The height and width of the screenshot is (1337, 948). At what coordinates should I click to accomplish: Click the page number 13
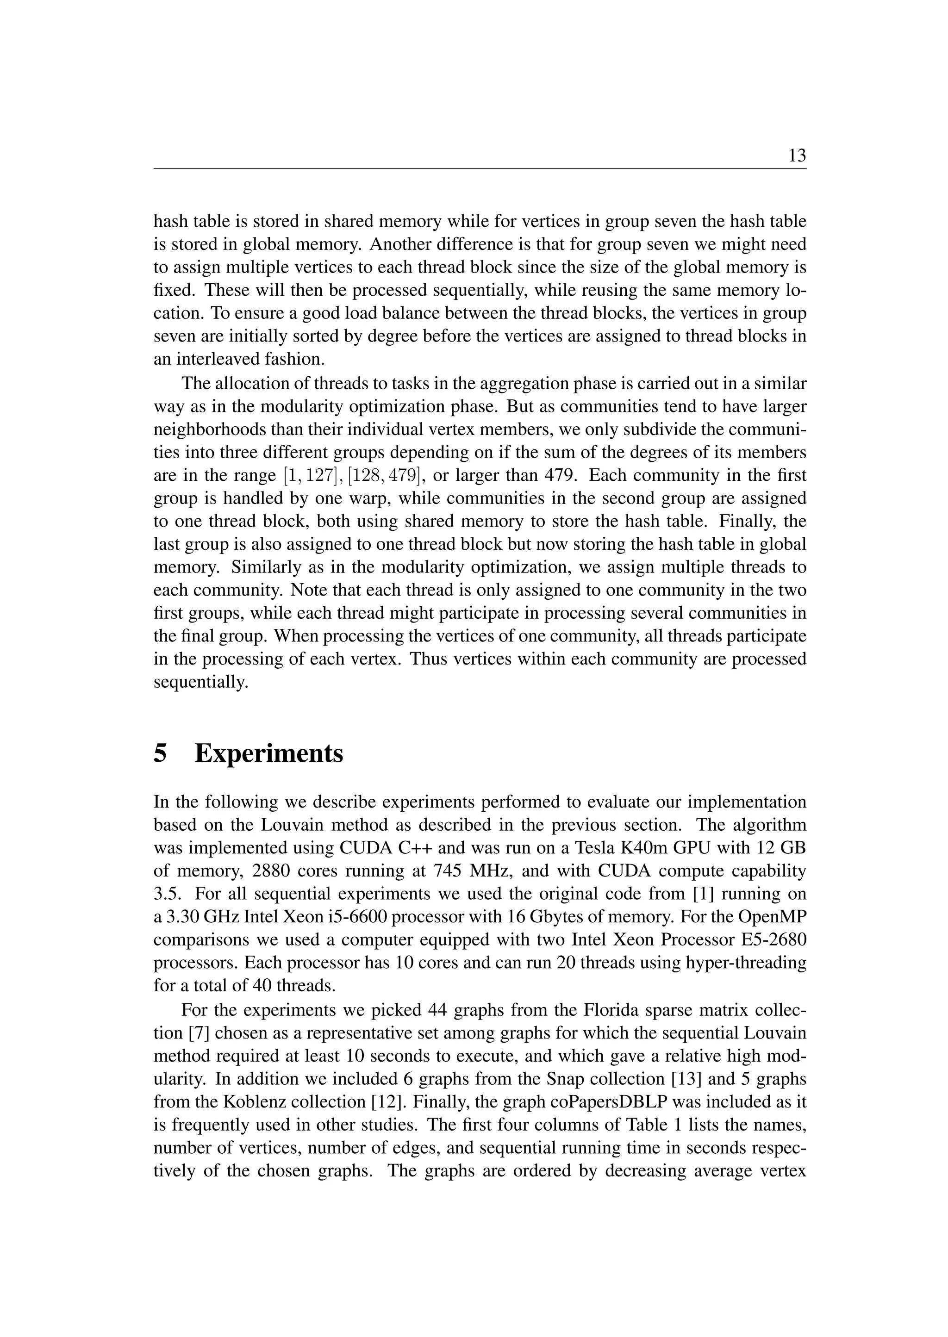[x=797, y=156]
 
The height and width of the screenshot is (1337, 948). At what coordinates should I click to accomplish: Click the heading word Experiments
[x=268, y=753]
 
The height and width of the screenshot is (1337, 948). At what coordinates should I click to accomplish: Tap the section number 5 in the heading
[x=160, y=753]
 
